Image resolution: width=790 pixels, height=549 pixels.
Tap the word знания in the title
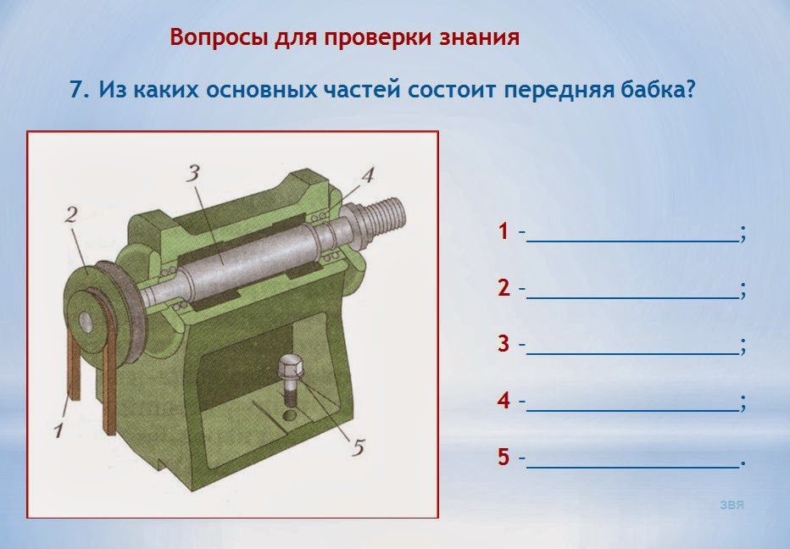point(479,37)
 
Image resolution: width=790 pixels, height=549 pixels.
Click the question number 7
point(79,89)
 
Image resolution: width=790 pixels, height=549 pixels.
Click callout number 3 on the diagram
point(193,173)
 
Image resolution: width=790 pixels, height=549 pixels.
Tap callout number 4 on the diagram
point(368,175)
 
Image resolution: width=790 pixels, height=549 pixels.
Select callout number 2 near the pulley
point(71,214)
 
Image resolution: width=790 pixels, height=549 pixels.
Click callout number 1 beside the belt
point(59,430)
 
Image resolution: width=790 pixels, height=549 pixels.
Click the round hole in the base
point(290,415)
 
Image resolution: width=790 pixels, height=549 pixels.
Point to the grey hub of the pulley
point(86,322)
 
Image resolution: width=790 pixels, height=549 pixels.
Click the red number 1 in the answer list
point(503,231)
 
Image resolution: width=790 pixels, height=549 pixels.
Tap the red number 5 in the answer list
point(503,457)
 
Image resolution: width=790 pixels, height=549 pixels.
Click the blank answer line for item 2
point(632,298)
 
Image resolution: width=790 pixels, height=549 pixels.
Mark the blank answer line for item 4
point(632,411)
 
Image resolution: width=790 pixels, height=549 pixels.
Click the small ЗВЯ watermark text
point(732,505)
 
